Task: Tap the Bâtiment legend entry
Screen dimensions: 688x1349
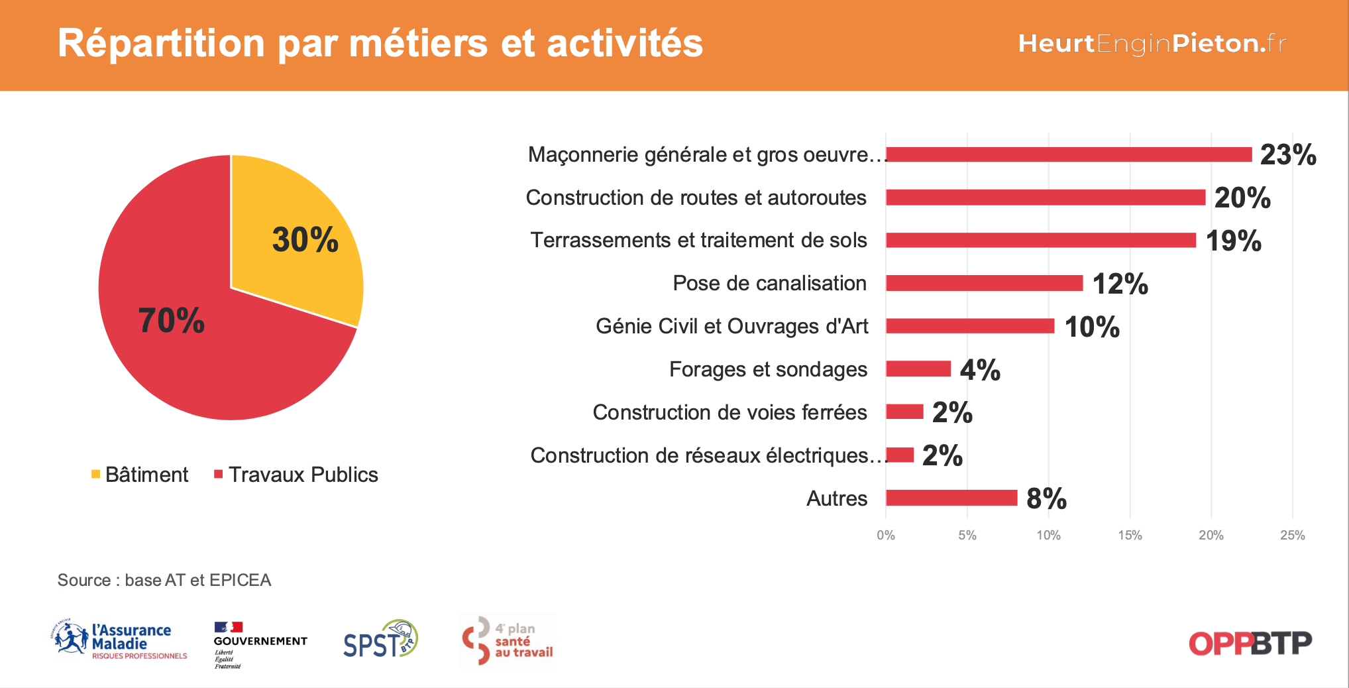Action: click(x=140, y=475)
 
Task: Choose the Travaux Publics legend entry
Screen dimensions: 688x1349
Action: click(x=296, y=475)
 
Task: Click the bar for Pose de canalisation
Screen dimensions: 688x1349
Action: click(x=984, y=283)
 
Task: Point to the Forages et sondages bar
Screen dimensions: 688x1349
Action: click(x=918, y=369)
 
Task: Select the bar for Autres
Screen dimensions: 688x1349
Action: click(x=951, y=498)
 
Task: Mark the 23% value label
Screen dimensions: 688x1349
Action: click(x=1287, y=154)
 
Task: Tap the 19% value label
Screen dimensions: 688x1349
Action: click(x=1233, y=241)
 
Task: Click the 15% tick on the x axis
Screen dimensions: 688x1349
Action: click(x=1130, y=536)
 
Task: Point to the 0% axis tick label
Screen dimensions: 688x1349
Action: click(x=886, y=536)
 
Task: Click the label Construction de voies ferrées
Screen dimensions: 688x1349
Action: click(x=729, y=412)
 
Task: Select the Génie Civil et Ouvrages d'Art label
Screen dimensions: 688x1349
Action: click(x=731, y=326)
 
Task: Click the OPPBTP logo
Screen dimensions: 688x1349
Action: click(x=1250, y=643)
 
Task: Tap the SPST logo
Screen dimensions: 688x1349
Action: click(x=380, y=640)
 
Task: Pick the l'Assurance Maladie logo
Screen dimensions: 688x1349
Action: click(x=119, y=641)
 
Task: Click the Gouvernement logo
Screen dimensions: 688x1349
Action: click(x=260, y=644)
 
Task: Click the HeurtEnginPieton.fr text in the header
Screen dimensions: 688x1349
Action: click(x=1152, y=44)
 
